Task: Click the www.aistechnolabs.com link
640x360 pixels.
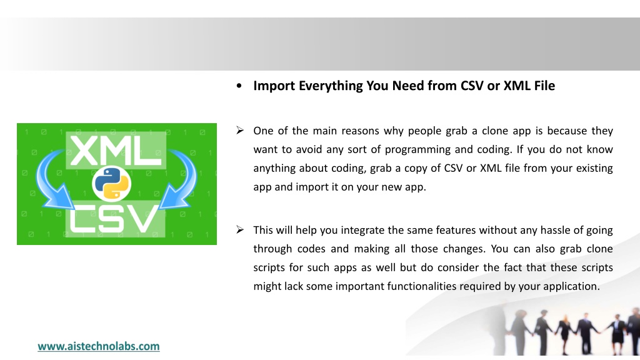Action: coord(98,346)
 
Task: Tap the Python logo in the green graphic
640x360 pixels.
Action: coord(111,183)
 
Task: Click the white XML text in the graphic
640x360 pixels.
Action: coord(116,150)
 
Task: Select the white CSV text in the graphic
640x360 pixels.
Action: coord(114,218)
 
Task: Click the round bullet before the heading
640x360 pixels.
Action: coord(239,86)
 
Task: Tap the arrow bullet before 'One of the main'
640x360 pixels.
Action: coord(240,130)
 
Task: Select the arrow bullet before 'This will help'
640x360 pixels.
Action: coord(240,229)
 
